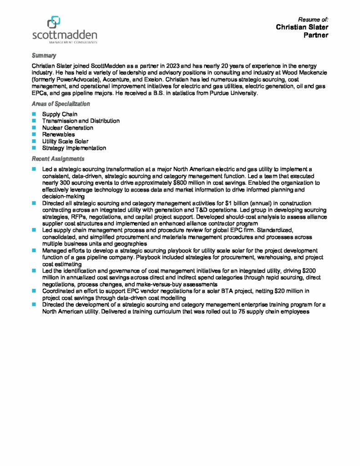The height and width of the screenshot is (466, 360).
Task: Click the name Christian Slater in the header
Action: click(302, 27)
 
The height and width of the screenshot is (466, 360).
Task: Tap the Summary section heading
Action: click(44, 56)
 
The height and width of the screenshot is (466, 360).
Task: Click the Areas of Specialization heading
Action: click(61, 104)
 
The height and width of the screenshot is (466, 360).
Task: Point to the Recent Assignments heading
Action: click(58, 159)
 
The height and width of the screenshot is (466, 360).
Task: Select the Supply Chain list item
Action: click(60, 114)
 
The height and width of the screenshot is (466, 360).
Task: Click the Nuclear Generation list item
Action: click(67, 128)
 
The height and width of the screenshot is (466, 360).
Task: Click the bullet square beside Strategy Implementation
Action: click(34, 148)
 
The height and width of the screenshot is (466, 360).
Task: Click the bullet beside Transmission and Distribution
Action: click(34, 121)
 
